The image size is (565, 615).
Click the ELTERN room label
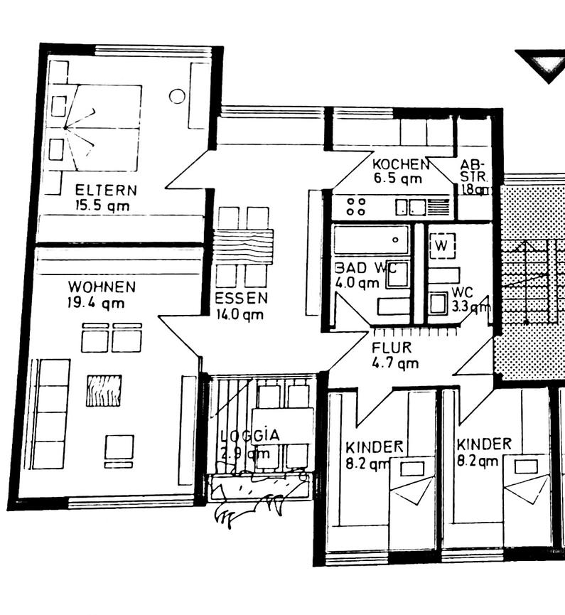(106, 190)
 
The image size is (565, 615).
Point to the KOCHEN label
(401, 164)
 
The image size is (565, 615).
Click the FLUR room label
(391, 348)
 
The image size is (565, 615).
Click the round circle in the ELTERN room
(177, 96)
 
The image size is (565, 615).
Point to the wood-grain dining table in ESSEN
(244, 246)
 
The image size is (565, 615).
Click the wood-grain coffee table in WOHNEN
(104, 390)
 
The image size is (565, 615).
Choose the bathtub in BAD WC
(371, 240)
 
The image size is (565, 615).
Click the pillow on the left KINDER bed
(411, 468)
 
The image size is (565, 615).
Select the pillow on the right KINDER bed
(526, 466)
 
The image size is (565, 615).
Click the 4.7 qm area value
(395, 363)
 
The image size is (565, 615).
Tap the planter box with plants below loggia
(260, 488)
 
